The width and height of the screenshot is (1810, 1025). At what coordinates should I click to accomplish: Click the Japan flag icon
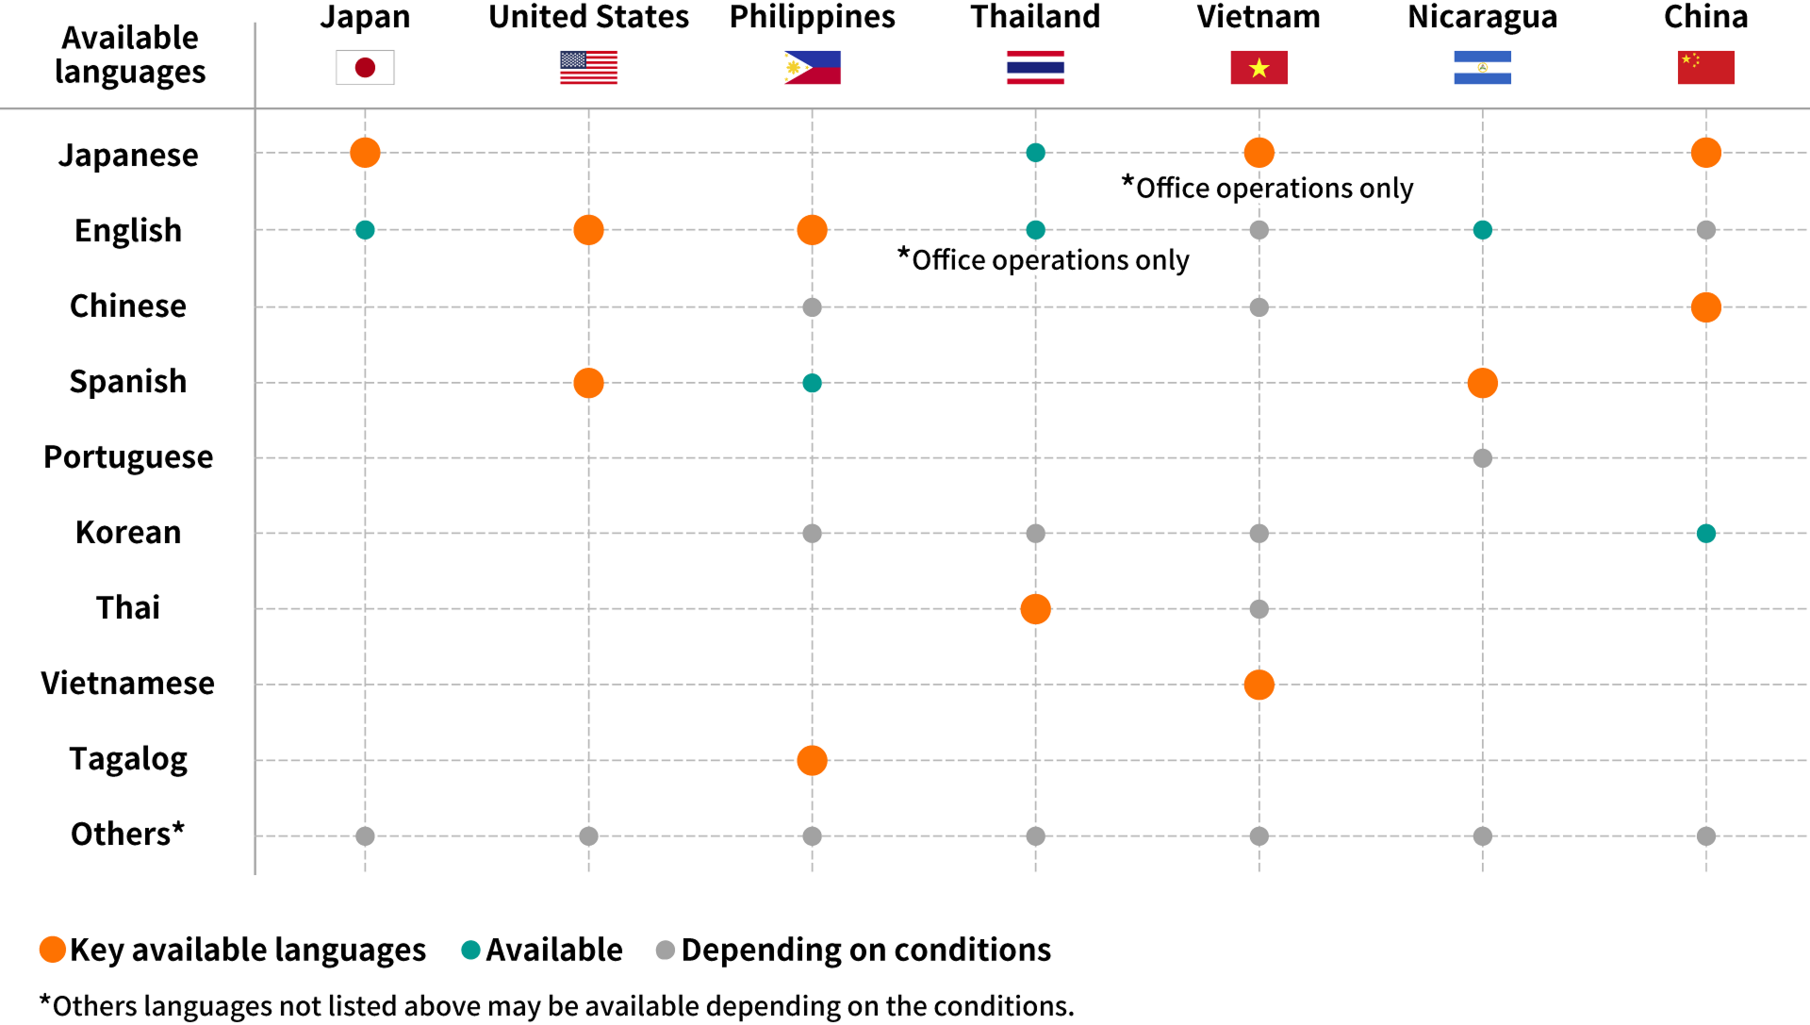pos(365,68)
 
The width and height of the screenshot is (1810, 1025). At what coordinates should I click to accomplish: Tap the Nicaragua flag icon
pos(1482,68)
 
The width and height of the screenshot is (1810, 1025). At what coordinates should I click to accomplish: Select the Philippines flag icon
pos(812,68)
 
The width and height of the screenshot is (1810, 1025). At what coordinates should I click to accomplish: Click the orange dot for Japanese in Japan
pos(365,153)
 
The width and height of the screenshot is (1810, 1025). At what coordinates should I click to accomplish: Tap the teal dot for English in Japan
pos(365,230)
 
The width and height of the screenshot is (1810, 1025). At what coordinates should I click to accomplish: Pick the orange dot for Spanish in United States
pos(588,383)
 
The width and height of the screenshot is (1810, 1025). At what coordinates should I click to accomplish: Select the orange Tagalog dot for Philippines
pos(812,760)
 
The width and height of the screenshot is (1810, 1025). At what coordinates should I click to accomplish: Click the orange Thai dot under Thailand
pos(1035,609)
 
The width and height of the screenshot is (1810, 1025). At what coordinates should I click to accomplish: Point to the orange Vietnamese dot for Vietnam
pos(1259,685)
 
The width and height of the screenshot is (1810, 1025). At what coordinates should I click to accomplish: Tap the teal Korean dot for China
pos(1705,534)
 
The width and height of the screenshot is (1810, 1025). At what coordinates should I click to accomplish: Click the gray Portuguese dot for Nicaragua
pos(1482,458)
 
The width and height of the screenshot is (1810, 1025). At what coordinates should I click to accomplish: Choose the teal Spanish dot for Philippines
pos(812,383)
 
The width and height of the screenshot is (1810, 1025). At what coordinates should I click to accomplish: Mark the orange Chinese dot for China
pos(1705,307)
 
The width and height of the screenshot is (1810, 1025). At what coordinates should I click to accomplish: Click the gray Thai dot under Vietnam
pos(1259,609)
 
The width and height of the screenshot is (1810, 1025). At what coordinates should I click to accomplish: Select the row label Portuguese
pos(128,457)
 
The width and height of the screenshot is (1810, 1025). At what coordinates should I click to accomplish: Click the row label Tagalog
pos(128,759)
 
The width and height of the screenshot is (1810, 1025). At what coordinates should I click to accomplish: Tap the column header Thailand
pos(1035,17)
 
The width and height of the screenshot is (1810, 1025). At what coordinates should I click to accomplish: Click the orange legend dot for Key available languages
pos(53,950)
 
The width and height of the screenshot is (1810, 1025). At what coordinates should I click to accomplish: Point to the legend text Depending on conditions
pos(865,950)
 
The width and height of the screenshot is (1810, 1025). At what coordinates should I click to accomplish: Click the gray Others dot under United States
pos(588,835)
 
